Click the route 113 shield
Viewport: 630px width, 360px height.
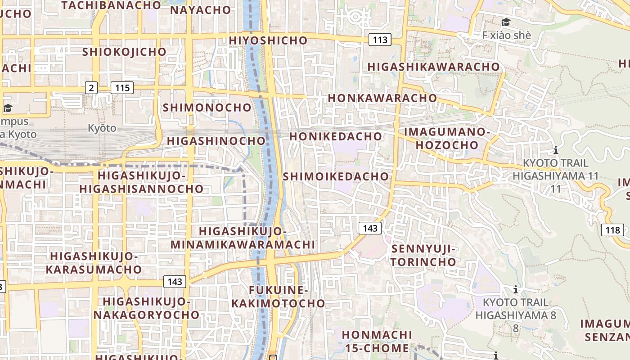pyautogui.click(x=380, y=40)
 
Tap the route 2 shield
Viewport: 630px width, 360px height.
pyautogui.click(x=91, y=87)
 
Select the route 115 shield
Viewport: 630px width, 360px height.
pyautogui.click(x=122, y=87)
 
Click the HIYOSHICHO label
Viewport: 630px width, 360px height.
pyautogui.click(x=268, y=40)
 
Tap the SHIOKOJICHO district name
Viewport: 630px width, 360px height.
pyautogui.click(x=124, y=52)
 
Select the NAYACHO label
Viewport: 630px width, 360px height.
pyautogui.click(x=201, y=10)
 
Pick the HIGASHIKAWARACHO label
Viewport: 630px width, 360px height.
pyautogui.click(x=434, y=67)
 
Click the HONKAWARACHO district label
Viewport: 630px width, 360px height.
pyautogui.click(x=382, y=98)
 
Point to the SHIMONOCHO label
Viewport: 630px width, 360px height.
pyautogui.click(x=207, y=108)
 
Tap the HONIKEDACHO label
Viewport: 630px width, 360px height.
pyautogui.click(x=336, y=136)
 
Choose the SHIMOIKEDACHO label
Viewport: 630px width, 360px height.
pyautogui.click(x=336, y=176)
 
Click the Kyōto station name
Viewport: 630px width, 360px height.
pyautogui.click(x=102, y=128)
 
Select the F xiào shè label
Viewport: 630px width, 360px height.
pyautogui.click(x=506, y=35)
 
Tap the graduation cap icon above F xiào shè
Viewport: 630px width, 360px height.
pyautogui.click(x=506, y=22)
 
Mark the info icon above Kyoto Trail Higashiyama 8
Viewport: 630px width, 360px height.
pyautogui.click(x=516, y=289)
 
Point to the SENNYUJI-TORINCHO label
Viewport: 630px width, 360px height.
pyautogui.click(x=423, y=255)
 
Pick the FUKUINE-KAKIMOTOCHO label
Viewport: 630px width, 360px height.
pyautogui.click(x=278, y=297)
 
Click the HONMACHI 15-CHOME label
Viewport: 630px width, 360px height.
pyautogui.click(x=377, y=341)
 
